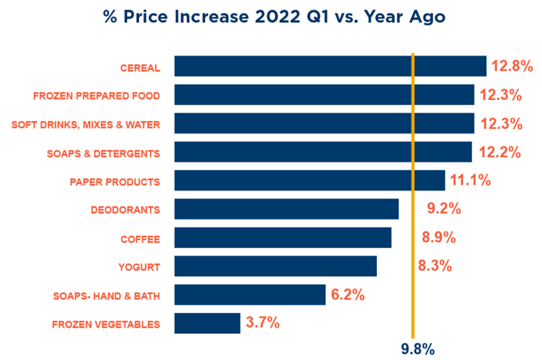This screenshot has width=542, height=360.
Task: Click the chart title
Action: (275, 17)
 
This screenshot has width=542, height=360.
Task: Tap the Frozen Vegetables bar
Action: (207, 323)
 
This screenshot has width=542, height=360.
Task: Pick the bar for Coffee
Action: (282, 237)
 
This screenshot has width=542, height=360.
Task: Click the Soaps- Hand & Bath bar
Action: (249, 294)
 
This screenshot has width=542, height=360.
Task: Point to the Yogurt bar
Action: (275, 266)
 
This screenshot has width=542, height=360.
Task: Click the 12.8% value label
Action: (513, 67)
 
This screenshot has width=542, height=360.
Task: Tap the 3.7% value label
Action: (263, 324)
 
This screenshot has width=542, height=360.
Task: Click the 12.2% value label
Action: (499, 152)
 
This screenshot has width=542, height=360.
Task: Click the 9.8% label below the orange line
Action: (417, 349)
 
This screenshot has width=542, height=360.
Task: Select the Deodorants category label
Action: (125, 209)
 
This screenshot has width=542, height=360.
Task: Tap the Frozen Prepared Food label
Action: (96, 96)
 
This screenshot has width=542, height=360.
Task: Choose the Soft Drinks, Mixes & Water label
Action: (86, 125)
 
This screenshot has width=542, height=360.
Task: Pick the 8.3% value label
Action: (435, 266)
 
